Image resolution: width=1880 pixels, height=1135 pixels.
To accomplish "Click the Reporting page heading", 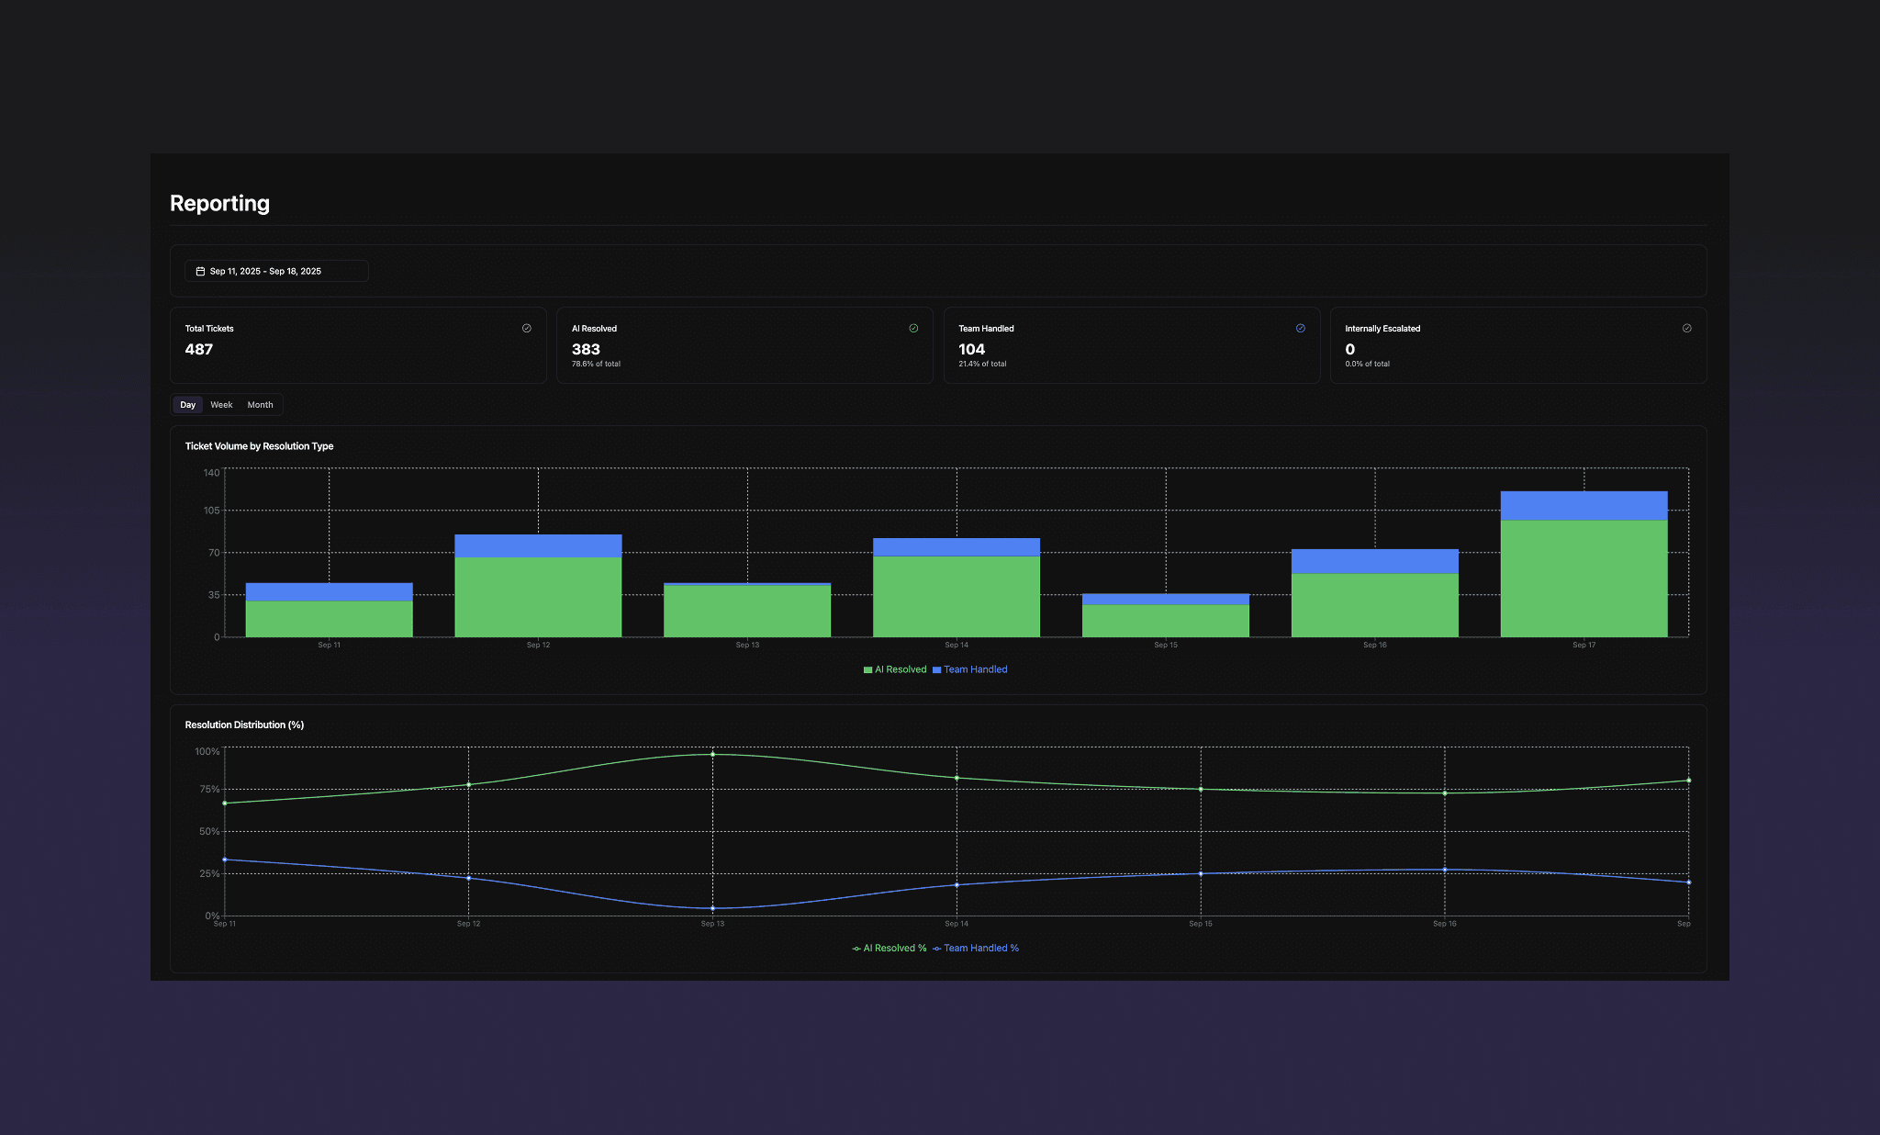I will (219, 203).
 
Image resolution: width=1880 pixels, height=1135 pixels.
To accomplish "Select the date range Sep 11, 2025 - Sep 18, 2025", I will (265, 271).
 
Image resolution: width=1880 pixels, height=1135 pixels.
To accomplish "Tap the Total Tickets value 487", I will (199, 349).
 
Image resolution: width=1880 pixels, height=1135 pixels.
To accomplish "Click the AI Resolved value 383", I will (586, 349).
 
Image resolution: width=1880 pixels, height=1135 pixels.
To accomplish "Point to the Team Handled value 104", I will (971, 349).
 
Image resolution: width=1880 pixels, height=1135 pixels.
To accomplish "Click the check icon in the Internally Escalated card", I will (1686, 328).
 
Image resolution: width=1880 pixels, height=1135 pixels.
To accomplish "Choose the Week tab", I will (221, 405).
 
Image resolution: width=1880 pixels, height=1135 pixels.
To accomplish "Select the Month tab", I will (260, 405).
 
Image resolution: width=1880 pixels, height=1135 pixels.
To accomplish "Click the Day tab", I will (188, 405).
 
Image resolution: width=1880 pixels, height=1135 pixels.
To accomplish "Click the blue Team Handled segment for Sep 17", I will (1583, 505).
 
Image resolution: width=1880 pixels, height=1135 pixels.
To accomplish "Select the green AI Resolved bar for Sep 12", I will (538, 597).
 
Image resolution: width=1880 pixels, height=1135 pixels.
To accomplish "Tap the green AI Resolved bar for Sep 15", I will (1166, 621).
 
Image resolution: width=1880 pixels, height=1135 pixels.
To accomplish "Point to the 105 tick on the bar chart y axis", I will (212, 511).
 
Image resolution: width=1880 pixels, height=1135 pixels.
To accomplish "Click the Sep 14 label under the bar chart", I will (957, 645).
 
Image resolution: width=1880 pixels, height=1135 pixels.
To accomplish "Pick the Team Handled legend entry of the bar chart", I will (970, 669).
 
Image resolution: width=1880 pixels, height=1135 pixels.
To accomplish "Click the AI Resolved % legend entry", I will (890, 949).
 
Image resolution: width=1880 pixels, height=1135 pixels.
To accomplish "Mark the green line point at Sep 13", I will (712, 754).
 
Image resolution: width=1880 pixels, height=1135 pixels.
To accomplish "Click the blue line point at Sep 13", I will (712, 908).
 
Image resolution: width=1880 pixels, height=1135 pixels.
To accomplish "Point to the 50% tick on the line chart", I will (209, 831).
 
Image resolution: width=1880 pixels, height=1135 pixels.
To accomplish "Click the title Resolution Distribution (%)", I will (244, 725).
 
